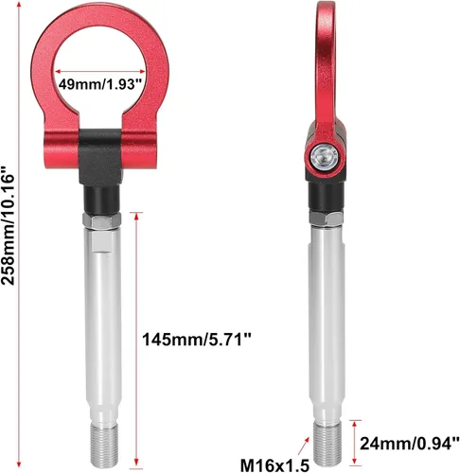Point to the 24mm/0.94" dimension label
pyautogui.click(x=406, y=441)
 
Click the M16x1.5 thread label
pyautogui.click(x=274, y=464)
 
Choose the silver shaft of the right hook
pyautogui.click(x=325, y=322)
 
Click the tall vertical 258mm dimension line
pyautogui.click(x=35, y=236)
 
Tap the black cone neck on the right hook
pyautogui.click(x=323, y=194)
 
